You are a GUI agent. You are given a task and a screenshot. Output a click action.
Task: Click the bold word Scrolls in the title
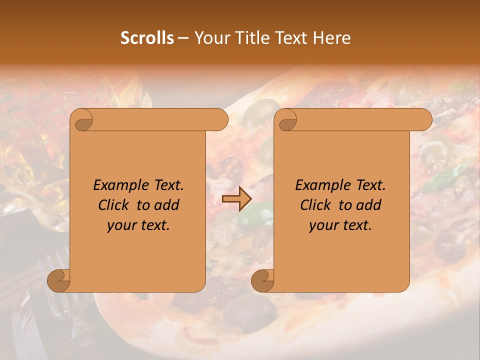coord(147,38)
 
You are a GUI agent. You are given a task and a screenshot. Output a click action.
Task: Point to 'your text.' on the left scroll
coord(138,225)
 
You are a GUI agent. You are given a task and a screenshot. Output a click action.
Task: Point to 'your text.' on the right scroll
coord(340,225)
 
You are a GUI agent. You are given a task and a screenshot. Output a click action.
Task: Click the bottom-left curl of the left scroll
coord(59,280)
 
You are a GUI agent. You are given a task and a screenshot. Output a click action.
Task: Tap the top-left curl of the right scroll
coord(287,120)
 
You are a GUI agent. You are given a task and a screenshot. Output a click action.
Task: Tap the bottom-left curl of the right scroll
coord(262,280)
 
